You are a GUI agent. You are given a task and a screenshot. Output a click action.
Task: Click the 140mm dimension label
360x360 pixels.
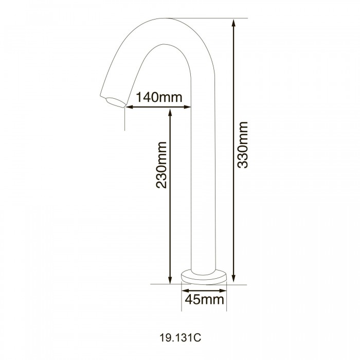click(159, 97)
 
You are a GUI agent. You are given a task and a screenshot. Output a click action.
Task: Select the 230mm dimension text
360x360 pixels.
click(161, 165)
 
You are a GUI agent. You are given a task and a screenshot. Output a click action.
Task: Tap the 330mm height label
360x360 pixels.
click(243, 145)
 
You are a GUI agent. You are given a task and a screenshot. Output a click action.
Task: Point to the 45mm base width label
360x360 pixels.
click(204, 299)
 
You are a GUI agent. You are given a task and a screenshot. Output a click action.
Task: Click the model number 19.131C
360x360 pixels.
click(180, 338)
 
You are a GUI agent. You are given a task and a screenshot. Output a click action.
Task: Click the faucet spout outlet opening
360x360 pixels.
click(115, 102)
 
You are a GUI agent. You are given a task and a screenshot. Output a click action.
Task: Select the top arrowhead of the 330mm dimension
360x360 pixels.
click(233, 23)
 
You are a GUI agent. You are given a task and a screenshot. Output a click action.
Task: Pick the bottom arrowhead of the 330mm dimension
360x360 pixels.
click(233, 278)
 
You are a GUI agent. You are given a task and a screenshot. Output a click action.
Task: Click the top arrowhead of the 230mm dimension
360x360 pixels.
click(170, 113)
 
